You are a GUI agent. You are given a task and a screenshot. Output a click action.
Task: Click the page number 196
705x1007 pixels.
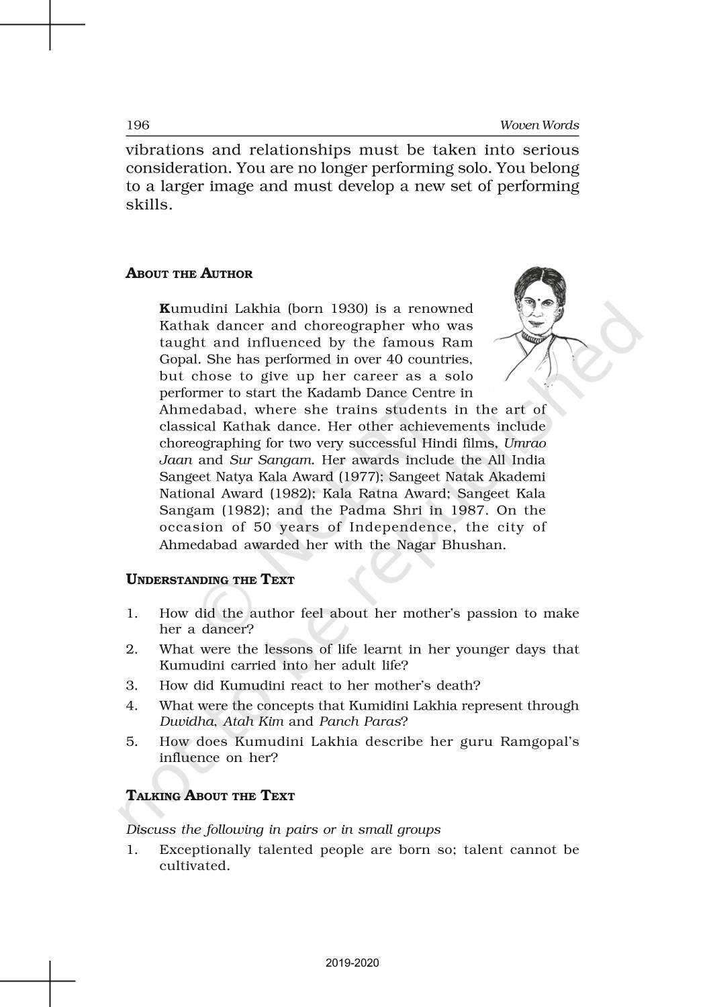click(x=138, y=126)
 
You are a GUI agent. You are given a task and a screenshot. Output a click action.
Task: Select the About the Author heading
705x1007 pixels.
click(x=189, y=274)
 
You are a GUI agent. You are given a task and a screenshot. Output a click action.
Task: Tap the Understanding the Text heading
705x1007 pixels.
click(x=210, y=579)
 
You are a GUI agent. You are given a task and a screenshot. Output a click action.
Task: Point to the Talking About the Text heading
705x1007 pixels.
click(x=210, y=796)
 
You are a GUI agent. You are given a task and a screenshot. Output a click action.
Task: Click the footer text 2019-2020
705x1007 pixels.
click(x=352, y=963)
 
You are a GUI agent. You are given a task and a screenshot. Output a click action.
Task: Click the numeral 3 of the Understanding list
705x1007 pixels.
click(x=131, y=685)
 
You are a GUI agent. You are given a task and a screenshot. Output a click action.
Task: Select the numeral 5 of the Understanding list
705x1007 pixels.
click(x=131, y=742)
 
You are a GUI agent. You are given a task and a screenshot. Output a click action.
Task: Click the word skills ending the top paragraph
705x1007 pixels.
click(x=147, y=205)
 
